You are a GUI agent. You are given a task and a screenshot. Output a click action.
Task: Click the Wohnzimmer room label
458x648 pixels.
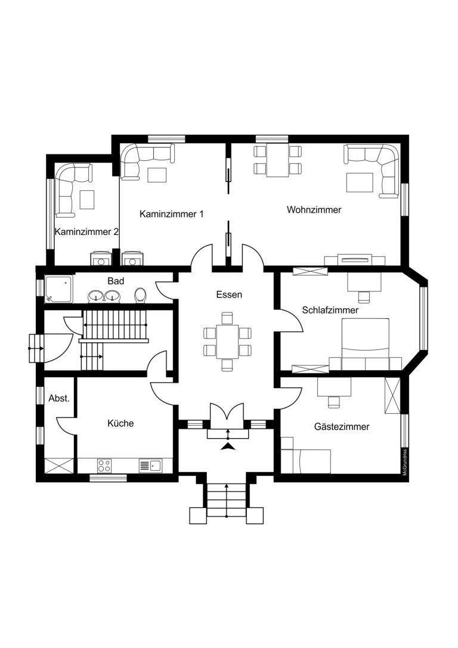point(314,210)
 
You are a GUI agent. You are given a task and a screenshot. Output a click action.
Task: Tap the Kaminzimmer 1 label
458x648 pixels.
point(172,214)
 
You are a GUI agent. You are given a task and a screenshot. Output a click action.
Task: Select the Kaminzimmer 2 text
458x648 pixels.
point(87,232)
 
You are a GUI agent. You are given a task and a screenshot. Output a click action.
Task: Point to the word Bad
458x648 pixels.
point(116,281)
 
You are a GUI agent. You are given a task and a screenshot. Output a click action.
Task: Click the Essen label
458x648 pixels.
point(229,294)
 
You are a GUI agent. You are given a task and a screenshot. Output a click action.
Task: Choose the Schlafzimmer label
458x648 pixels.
point(330,310)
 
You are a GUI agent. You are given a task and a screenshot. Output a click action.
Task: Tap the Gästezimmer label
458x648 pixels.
point(342,426)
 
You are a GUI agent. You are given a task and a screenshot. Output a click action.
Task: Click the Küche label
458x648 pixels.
point(120,423)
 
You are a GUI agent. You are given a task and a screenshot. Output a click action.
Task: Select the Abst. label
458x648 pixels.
point(59,398)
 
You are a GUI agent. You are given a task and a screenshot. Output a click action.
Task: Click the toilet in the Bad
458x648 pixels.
point(141,295)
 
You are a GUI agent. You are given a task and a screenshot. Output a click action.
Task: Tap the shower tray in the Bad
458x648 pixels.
point(59,289)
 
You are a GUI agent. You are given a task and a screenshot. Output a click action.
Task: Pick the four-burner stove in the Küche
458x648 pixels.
point(104,466)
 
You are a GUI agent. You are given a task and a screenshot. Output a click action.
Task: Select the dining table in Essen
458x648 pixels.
point(227,342)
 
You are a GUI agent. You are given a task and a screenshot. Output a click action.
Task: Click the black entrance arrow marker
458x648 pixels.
point(227,446)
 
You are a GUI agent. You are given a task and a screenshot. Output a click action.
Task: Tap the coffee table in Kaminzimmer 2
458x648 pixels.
point(87,199)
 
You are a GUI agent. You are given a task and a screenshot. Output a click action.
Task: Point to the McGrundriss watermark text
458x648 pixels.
point(405,462)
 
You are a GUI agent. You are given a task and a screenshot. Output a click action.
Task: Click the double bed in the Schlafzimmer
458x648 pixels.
point(366,343)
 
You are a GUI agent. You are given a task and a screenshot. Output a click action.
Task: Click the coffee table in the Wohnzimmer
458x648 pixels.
point(360,182)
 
